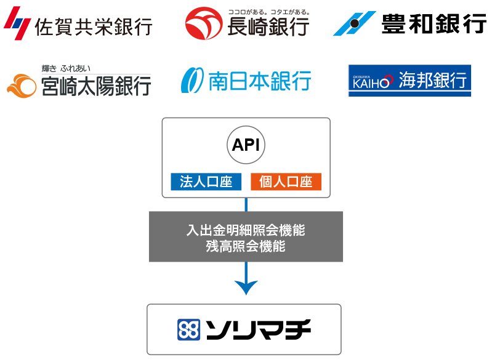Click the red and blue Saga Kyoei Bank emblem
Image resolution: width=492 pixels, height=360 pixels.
click(17, 23)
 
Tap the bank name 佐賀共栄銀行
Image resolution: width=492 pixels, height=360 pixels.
click(94, 26)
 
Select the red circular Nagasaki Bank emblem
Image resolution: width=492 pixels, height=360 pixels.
click(204, 23)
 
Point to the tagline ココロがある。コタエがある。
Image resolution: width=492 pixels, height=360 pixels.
click(269, 12)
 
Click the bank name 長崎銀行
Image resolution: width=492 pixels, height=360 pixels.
click(268, 26)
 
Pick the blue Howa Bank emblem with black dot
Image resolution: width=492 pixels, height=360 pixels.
click(355, 23)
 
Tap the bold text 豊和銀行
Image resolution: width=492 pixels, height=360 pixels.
click(434, 23)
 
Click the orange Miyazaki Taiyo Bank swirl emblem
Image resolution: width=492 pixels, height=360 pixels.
click(22, 86)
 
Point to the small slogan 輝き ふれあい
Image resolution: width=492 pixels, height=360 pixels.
click(66, 68)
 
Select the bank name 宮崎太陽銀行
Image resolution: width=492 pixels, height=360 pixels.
click(96, 86)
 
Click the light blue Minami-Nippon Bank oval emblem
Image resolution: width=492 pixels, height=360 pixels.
click(192, 80)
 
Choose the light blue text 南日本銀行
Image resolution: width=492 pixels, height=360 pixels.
click(260, 81)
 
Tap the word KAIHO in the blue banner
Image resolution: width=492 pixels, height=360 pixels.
click(373, 82)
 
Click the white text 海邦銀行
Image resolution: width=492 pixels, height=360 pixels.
click(433, 79)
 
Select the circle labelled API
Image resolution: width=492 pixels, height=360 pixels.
click(246, 145)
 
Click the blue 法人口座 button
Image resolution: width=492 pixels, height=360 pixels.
click(206, 182)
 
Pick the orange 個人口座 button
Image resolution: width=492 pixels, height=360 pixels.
click(286, 182)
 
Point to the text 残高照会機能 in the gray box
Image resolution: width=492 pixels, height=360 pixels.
click(246, 247)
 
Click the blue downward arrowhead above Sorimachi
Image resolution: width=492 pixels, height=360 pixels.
click(246, 287)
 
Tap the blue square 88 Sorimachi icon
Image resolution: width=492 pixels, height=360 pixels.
click(188, 330)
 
